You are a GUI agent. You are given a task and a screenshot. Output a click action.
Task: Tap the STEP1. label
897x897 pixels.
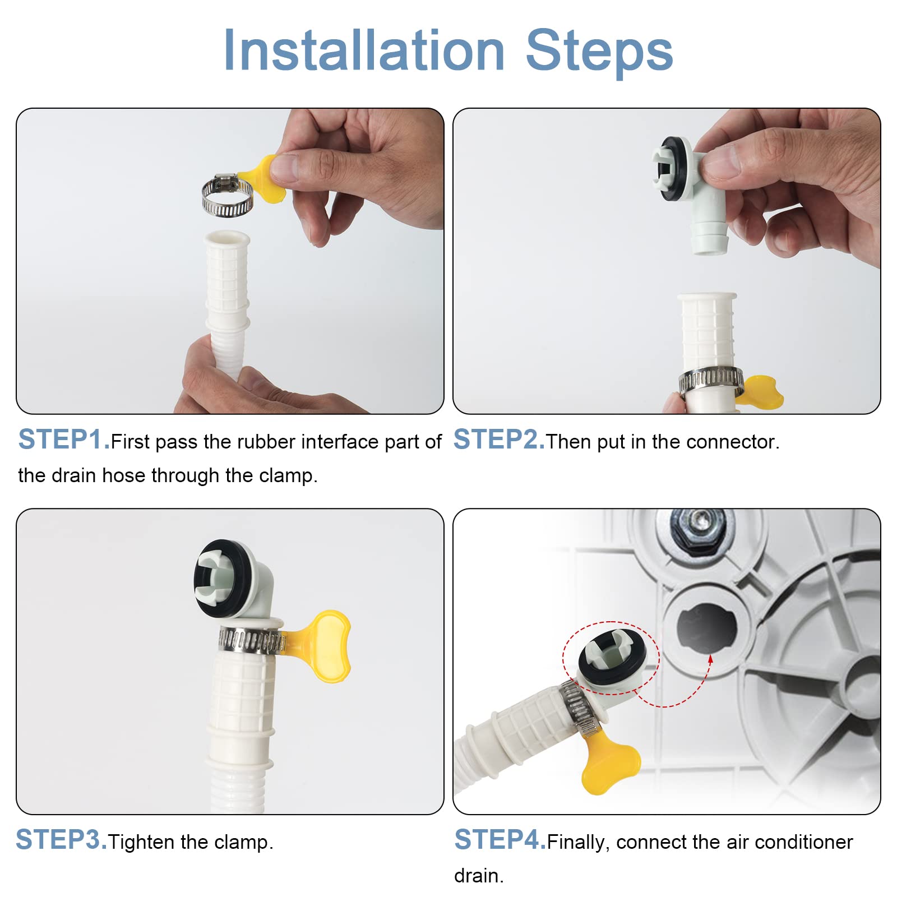pyautogui.click(x=64, y=440)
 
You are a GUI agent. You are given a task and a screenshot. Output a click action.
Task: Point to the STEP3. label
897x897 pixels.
pyautogui.click(x=61, y=840)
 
